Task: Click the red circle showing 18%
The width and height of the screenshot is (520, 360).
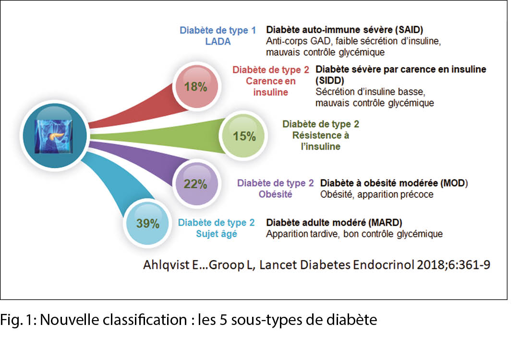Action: point(195,86)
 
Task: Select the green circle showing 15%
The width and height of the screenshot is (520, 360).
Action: point(244,136)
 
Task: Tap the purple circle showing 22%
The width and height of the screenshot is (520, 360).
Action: point(195,184)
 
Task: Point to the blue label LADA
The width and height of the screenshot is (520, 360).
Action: point(218,41)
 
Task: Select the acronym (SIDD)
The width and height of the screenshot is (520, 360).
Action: point(328,80)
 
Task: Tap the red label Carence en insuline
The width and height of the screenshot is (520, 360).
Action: point(271,86)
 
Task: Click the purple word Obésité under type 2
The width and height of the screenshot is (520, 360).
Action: point(275,194)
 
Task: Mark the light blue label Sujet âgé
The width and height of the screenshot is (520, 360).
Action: point(216,234)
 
